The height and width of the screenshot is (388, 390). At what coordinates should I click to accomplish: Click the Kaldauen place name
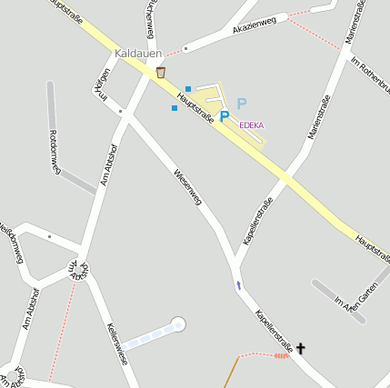pyautogui.click(x=138, y=54)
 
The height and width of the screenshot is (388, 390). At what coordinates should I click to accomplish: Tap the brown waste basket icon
pyautogui.click(x=161, y=72)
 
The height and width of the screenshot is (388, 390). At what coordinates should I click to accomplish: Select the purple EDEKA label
pyautogui.click(x=252, y=124)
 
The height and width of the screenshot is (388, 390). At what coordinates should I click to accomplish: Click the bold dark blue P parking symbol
pyautogui.click(x=224, y=116)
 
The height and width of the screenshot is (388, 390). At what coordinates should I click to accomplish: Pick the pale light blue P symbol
pyautogui.click(x=241, y=104)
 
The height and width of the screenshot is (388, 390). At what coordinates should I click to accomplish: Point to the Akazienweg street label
pyautogui.click(x=254, y=26)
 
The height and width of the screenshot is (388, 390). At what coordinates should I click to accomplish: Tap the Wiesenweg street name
pyautogui.click(x=187, y=185)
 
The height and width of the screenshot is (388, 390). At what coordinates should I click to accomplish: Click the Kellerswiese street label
pyautogui.click(x=116, y=343)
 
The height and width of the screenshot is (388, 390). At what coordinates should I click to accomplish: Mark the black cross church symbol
pyautogui.click(x=301, y=347)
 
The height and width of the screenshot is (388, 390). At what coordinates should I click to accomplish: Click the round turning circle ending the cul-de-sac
pyautogui.click(x=178, y=323)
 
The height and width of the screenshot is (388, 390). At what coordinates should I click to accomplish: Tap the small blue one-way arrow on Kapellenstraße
pyautogui.click(x=239, y=285)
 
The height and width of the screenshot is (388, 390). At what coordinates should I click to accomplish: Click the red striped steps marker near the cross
pyautogui.click(x=282, y=356)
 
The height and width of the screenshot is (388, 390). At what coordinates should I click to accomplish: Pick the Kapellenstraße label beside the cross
pyautogui.click(x=274, y=331)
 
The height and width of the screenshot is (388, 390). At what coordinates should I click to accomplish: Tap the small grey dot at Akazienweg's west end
pyautogui.click(x=185, y=47)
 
